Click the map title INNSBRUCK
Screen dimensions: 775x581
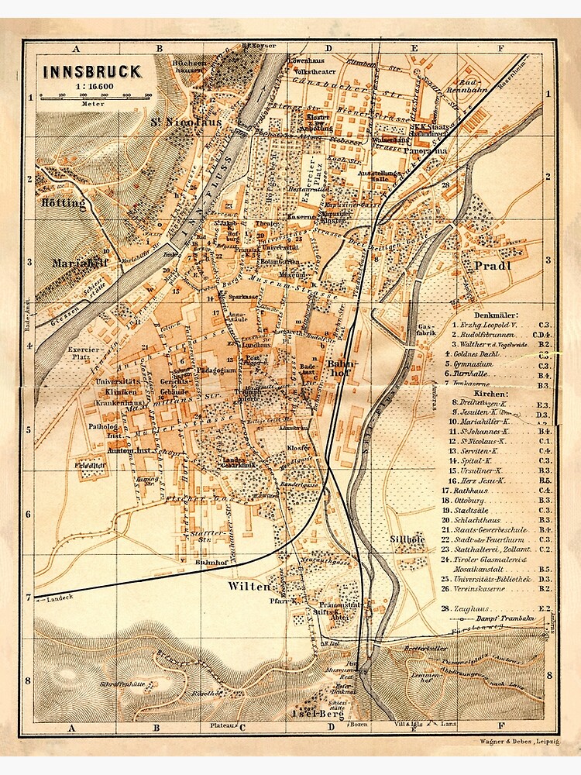[x=91, y=72]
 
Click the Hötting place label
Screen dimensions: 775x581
[x=59, y=203]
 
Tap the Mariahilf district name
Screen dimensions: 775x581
[x=78, y=263]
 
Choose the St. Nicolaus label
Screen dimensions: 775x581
[x=186, y=122]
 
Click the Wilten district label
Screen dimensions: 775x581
[x=249, y=587]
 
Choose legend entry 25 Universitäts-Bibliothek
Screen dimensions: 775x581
[x=496, y=578]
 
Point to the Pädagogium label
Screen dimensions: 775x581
[x=218, y=371]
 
